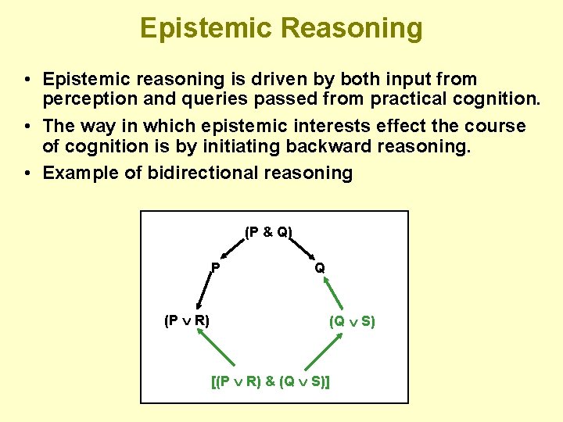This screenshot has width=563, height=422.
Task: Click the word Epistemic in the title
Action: click(x=206, y=28)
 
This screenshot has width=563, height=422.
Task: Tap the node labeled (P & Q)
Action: click(x=268, y=232)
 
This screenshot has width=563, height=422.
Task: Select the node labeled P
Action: click(x=214, y=267)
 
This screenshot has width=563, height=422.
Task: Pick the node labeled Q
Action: click(x=320, y=267)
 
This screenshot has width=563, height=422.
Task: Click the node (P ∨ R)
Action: click(x=186, y=320)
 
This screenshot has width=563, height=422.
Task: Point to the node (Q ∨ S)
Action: click(x=352, y=320)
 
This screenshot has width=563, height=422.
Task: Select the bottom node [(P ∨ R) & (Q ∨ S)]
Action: click(x=271, y=382)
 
